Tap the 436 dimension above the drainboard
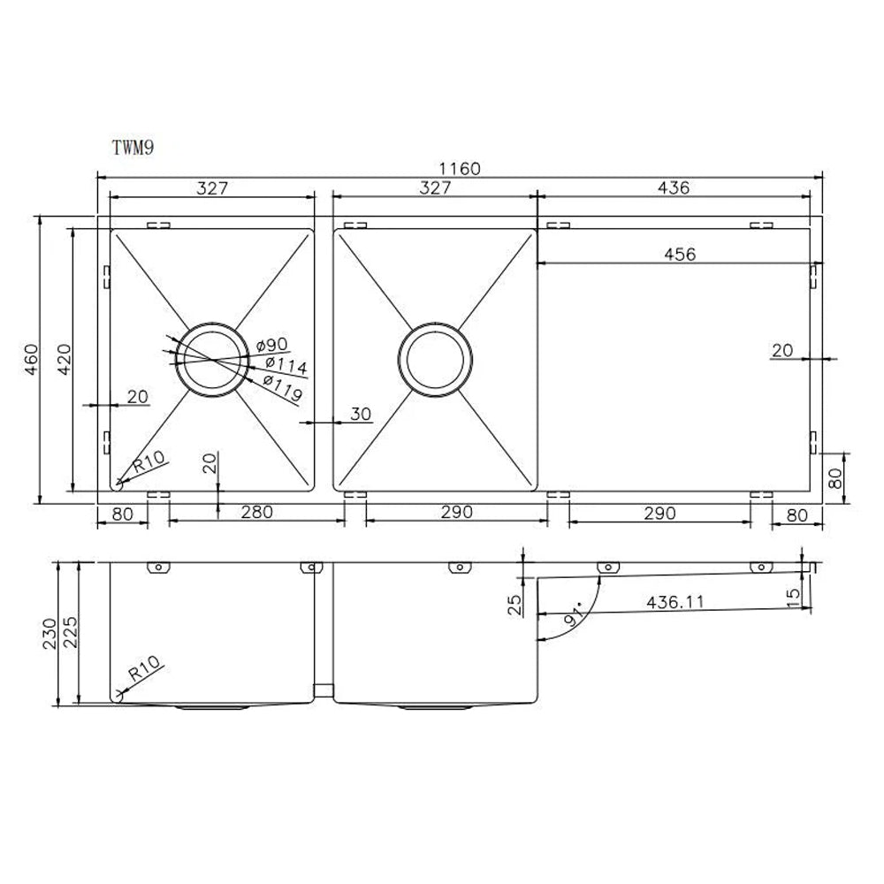[673, 187]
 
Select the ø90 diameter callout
[271, 344]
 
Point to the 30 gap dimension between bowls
[362, 415]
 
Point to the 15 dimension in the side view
[793, 598]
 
